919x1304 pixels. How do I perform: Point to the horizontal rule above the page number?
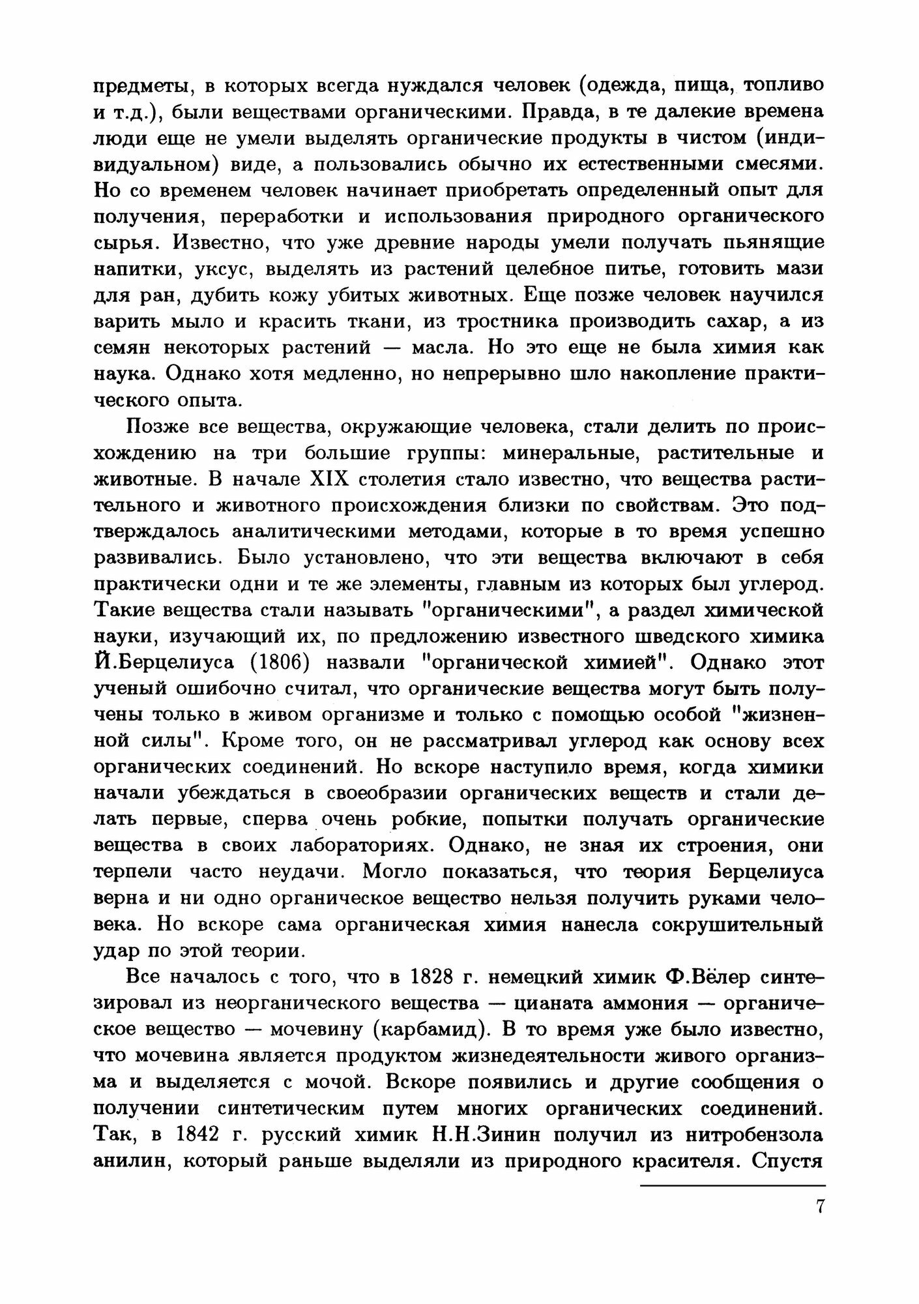pos(733,1185)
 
